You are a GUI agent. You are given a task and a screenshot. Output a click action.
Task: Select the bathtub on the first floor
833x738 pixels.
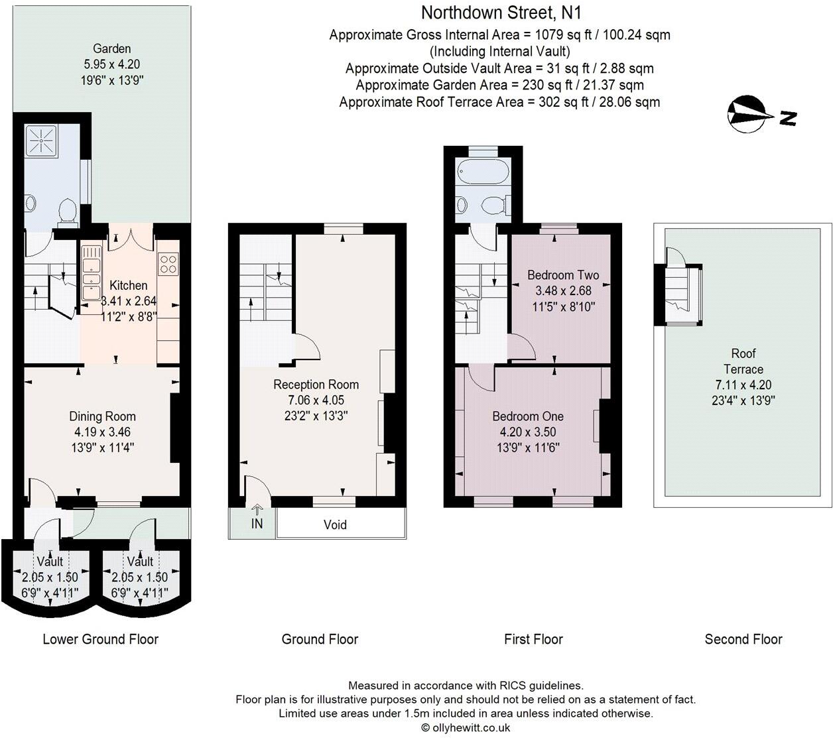pos(483,174)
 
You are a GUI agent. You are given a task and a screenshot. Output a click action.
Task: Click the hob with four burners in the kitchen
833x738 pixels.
pos(168,264)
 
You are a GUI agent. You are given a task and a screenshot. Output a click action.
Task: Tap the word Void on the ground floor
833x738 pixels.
pos(335,524)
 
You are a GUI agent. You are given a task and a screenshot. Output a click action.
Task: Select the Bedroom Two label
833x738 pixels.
pos(563,275)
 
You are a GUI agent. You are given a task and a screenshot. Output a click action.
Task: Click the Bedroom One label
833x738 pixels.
pos(528,416)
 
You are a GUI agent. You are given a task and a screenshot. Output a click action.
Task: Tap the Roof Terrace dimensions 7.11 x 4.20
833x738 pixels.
pos(743,385)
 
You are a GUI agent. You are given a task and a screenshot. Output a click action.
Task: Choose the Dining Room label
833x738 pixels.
pos(102,416)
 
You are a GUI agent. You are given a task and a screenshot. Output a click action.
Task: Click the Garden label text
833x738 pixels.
pos(111,48)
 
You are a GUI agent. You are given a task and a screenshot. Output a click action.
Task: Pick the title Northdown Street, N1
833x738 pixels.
pos(501,13)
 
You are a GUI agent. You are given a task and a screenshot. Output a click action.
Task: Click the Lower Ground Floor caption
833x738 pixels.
pos(100,639)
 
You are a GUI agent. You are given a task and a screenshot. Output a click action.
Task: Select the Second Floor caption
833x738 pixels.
pos(743,639)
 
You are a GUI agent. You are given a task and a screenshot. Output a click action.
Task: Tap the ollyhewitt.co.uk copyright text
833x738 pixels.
pos(466,727)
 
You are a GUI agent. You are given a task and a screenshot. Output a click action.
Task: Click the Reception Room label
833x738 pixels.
pos(316,385)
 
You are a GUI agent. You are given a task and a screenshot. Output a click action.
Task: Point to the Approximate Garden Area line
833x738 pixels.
pos(499,85)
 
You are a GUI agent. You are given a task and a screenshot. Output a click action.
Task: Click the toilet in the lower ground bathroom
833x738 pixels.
pos(65,211)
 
